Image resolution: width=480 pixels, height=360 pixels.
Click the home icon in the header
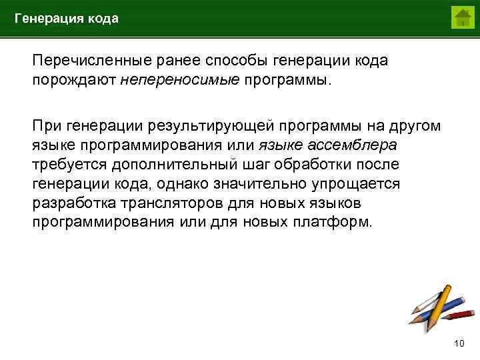[x=462, y=17]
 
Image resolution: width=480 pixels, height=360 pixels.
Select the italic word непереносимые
[x=180, y=80]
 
